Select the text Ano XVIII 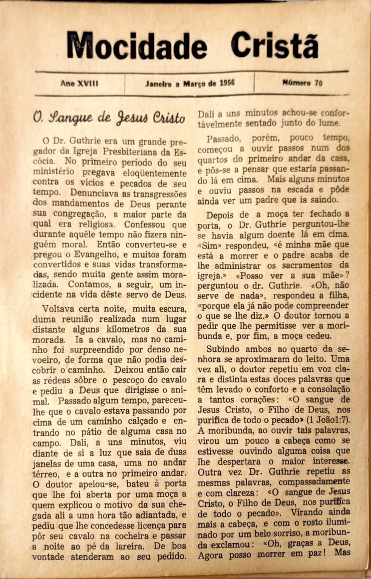click(79, 83)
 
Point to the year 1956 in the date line click(227, 83)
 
